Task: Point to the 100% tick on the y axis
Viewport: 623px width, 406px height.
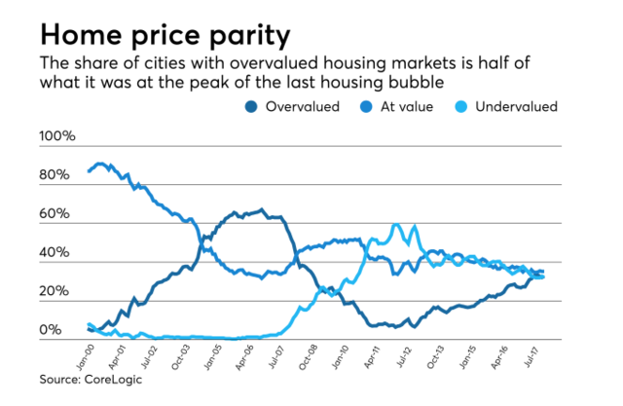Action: (x=55, y=136)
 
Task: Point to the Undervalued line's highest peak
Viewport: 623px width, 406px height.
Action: (x=396, y=225)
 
